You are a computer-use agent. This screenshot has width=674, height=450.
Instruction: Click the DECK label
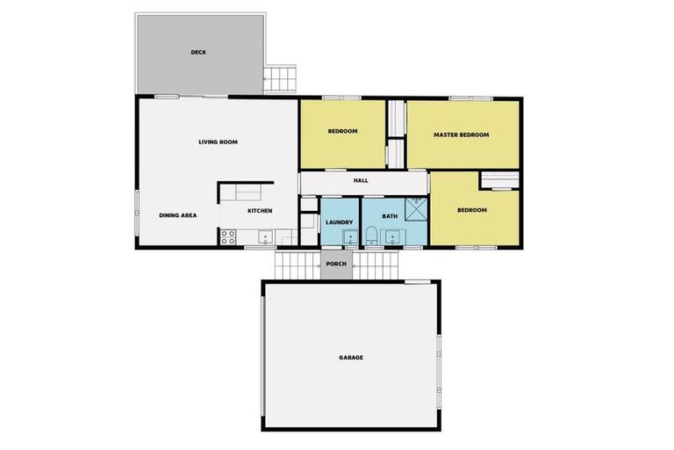(x=198, y=53)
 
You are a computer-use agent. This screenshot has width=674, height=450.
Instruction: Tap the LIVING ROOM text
(x=218, y=142)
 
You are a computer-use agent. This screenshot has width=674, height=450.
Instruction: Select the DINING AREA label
(x=177, y=215)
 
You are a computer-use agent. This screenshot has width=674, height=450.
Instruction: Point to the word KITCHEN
(x=260, y=211)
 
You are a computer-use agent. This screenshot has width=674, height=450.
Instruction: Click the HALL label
(x=361, y=181)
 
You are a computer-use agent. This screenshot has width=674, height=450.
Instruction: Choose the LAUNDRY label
(x=339, y=222)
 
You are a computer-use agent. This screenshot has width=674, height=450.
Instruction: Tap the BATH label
(x=391, y=215)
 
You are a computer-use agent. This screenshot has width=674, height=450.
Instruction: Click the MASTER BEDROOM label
(x=461, y=134)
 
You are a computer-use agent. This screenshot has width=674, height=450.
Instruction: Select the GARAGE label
(x=351, y=358)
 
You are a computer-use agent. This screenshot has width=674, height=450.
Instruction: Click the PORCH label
(x=335, y=264)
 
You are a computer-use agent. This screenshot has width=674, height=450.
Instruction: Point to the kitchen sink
(x=263, y=237)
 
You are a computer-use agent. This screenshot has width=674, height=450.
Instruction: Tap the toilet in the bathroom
(x=371, y=236)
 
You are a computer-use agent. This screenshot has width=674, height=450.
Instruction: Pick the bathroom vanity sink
(x=393, y=236)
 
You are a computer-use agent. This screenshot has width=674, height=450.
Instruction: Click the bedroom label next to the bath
(x=472, y=211)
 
